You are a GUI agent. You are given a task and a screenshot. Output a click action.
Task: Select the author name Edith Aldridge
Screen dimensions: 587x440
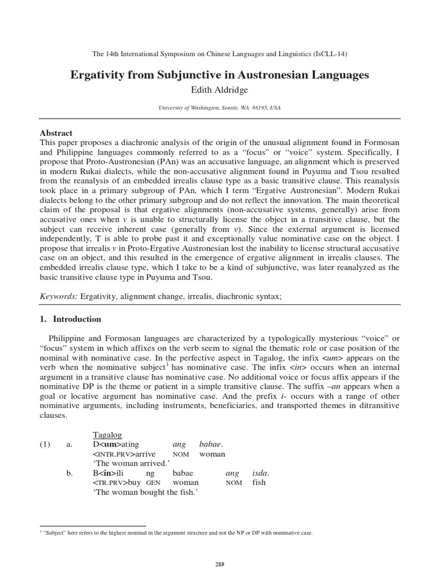pos(219,89)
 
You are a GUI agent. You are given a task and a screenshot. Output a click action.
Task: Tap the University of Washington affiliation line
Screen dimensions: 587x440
pos(219,108)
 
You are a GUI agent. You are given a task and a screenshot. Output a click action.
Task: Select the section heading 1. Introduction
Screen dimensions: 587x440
pos(70,319)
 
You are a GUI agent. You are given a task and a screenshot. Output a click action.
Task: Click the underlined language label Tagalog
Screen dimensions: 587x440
pos(107,433)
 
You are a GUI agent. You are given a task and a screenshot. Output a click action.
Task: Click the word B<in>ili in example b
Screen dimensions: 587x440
pos(108,473)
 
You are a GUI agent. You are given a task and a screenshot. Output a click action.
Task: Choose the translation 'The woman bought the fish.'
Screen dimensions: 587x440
pos(141,492)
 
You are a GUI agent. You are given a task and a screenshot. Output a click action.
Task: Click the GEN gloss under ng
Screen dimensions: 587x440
pos(152,483)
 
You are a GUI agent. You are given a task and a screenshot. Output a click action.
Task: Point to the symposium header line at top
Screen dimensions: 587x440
pos(219,54)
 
